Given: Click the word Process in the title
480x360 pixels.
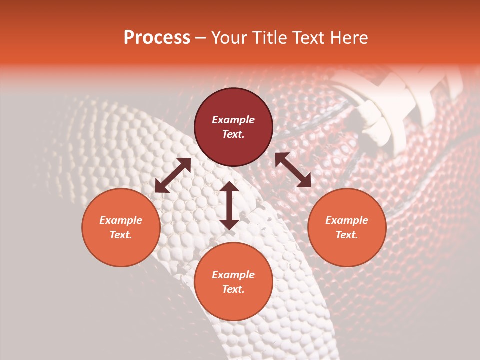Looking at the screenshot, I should coord(157,38).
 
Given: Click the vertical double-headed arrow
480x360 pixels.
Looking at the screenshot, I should coord(229,205).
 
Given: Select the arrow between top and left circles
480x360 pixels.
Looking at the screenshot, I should coord(173,175).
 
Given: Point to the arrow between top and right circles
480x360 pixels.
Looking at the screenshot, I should coord(293,170).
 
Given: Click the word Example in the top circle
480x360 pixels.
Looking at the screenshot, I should coord(233,120).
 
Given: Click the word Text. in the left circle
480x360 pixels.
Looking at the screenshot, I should coord(121,235).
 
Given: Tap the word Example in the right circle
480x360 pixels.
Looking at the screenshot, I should coord(347,220).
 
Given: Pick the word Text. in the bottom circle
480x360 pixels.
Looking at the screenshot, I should coord(233,289).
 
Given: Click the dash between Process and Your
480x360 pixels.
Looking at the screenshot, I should coord(200,38).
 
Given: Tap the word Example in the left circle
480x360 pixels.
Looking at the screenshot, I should coord(121,220).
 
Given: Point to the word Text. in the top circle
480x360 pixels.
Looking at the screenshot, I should coord(233,134).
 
